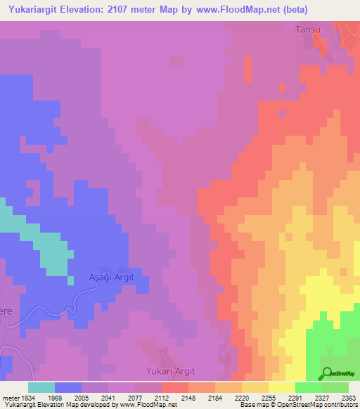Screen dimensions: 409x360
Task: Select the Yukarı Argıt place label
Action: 168,370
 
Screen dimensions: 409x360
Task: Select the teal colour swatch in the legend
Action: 41,387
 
